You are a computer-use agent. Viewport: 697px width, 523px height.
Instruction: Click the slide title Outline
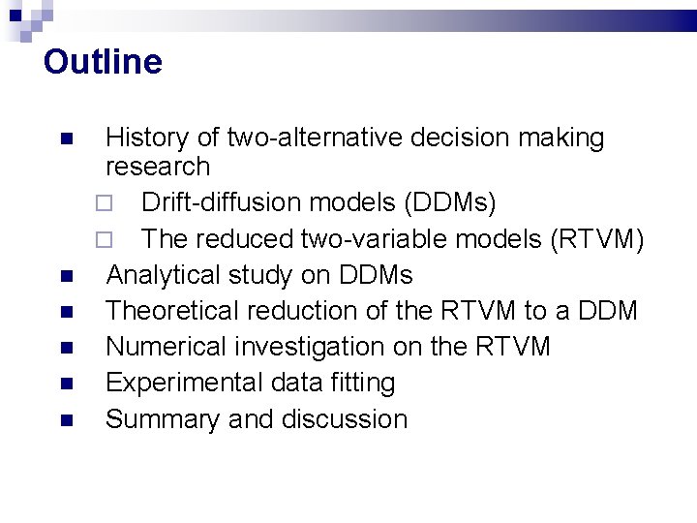(103, 62)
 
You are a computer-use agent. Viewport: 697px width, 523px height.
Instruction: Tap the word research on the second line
(158, 167)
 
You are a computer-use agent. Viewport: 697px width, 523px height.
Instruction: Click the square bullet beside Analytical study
(65, 277)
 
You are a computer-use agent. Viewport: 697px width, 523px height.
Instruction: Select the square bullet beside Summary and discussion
(65, 421)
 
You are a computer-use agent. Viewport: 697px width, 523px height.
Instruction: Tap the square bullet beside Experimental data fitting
(65, 385)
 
